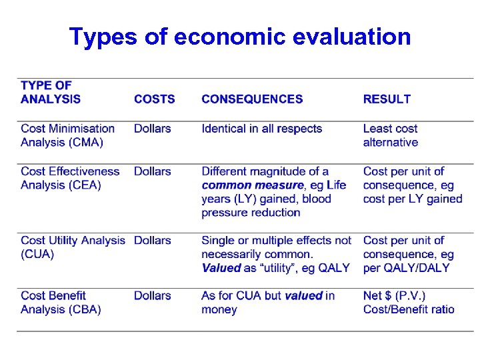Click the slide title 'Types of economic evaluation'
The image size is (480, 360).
click(240, 37)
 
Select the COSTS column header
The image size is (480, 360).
click(154, 99)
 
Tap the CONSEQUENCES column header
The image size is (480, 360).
click(252, 99)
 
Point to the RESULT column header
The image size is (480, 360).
click(387, 99)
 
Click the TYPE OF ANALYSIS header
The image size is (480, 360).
click(51, 92)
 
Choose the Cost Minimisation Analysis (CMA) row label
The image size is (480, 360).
click(67, 135)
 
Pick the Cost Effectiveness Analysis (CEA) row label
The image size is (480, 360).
click(70, 178)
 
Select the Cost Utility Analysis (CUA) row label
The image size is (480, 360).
click(73, 247)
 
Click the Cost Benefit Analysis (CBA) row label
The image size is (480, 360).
click(61, 302)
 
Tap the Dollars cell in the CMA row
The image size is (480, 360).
click(152, 129)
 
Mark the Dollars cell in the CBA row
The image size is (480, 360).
click(152, 295)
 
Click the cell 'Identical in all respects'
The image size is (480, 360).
click(261, 129)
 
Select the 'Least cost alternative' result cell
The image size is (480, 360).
click(391, 135)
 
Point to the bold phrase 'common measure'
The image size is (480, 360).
click(252, 185)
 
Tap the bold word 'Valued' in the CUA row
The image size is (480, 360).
click(221, 268)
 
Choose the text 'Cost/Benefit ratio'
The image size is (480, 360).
click(409, 309)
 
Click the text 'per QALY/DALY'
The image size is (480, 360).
click(406, 268)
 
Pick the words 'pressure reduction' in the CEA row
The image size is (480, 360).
click(251, 213)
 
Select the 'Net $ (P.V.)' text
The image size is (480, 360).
click(394, 295)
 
